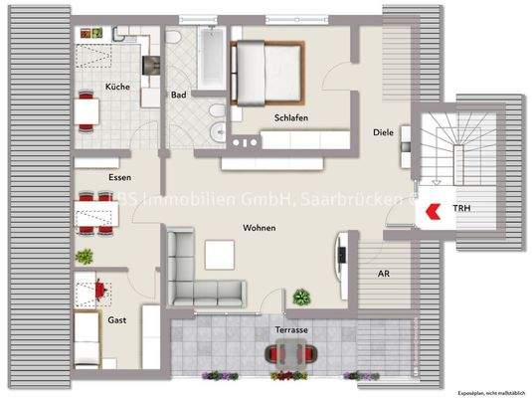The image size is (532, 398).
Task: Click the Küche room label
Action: (x=118, y=87)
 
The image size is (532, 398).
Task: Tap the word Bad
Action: (x=179, y=96)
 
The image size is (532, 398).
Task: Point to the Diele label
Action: (x=384, y=131)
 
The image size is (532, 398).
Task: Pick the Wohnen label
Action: (x=260, y=228)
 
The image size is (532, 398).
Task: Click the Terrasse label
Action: (x=291, y=328)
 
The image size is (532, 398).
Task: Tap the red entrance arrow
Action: (x=433, y=210)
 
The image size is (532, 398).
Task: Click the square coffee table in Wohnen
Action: (x=219, y=256)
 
